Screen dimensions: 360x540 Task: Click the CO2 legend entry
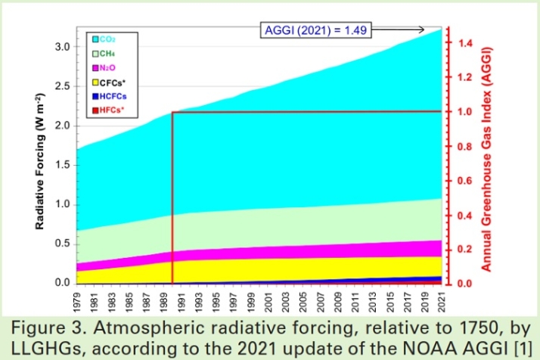[105, 38]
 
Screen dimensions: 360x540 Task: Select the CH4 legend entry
[105, 53]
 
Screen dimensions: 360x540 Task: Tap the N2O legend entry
[106, 67]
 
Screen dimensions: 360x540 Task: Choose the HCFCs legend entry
[110, 96]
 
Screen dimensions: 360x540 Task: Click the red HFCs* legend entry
[108, 110]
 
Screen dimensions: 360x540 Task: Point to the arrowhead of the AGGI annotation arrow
[422, 29]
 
